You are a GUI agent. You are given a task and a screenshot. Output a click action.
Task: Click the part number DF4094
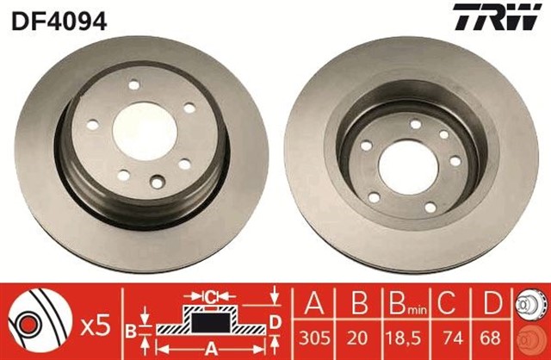[58, 20]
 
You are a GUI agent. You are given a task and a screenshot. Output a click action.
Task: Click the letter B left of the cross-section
[131, 328]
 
